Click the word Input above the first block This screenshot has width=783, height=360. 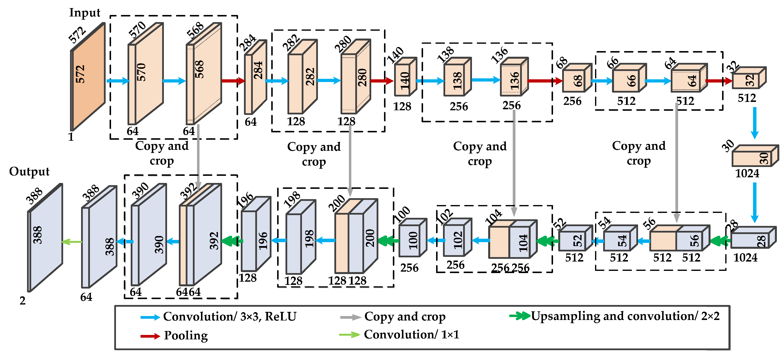85,13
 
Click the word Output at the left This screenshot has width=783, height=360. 29,172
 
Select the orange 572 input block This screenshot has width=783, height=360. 87,77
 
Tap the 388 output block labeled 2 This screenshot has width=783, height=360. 45,238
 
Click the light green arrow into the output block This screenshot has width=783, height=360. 72,242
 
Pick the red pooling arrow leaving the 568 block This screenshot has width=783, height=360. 233,81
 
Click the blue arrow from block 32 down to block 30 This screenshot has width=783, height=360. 755,123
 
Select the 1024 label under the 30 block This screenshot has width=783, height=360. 747,173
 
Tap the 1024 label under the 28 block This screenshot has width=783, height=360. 745,258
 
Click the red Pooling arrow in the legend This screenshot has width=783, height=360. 150,336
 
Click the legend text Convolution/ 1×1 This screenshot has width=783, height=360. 411,334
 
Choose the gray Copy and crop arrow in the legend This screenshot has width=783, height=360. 350,318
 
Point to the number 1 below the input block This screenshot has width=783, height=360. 71,137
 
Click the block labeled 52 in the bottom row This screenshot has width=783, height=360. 575,240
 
